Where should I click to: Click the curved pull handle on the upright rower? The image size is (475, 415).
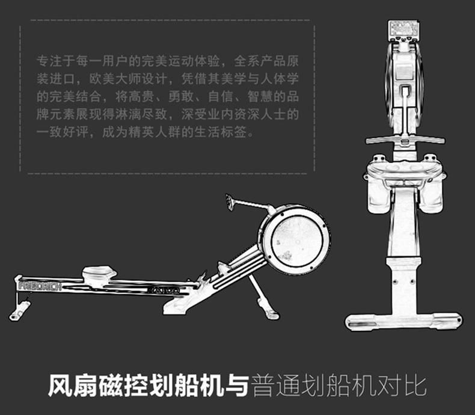click(405, 139)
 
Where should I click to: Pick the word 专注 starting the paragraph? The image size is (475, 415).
click(47, 61)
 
